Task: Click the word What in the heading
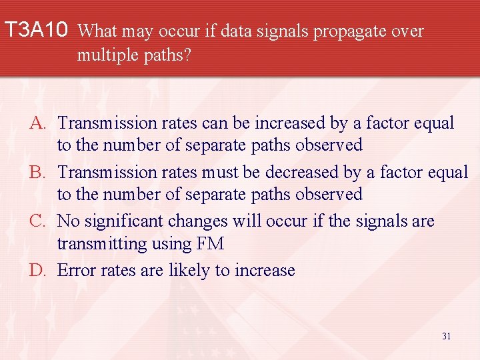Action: tap(103, 31)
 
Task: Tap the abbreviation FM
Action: tap(211, 245)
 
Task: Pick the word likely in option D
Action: tap(189, 271)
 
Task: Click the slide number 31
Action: tap(446, 336)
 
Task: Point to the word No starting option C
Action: tap(68, 221)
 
